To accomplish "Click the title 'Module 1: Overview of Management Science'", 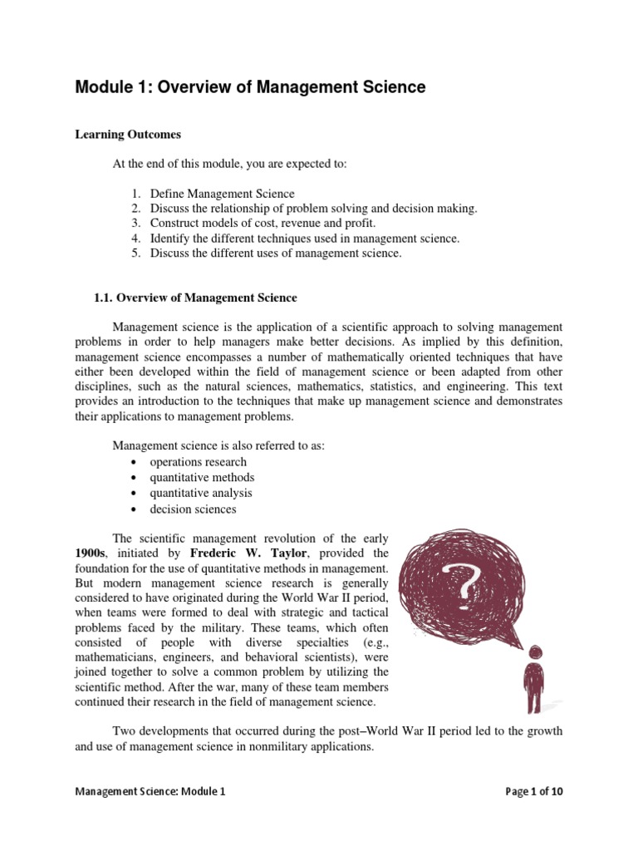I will click(x=250, y=87).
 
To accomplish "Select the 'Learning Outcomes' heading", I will click(x=128, y=134).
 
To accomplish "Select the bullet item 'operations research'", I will click(x=198, y=461).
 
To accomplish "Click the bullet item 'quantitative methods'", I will click(x=202, y=477).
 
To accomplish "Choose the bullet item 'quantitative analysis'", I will click(x=201, y=493).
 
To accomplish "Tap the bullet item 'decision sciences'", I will click(x=193, y=509).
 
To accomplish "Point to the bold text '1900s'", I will click(x=91, y=553).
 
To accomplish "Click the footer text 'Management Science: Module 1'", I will click(x=150, y=792).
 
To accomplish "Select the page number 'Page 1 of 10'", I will click(x=534, y=792).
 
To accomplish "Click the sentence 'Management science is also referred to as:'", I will click(x=218, y=445).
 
